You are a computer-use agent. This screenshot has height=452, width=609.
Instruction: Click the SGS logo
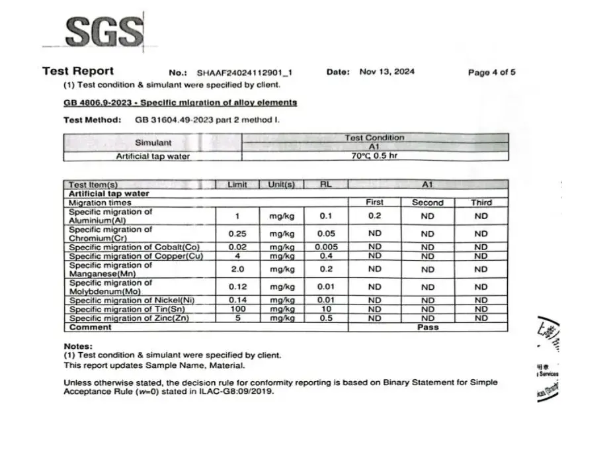pyautogui.click(x=105, y=31)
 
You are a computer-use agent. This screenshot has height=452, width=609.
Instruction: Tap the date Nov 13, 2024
pyautogui.click(x=387, y=71)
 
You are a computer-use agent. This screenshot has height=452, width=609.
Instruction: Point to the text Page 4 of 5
pyautogui.click(x=491, y=72)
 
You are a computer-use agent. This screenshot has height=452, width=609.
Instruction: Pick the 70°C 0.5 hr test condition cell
pyautogui.click(x=374, y=156)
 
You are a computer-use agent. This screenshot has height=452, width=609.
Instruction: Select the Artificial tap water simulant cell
pyautogui.click(x=153, y=156)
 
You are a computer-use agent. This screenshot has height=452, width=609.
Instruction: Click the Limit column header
pyautogui.click(x=237, y=185)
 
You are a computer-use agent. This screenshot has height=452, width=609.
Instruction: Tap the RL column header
pyautogui.click(x=325, y=185)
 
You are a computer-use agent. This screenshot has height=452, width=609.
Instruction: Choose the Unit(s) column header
pyautogui.click(x=281, y=185)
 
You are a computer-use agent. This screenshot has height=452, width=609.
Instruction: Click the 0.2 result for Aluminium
pyautogui.click(x=374, y=216)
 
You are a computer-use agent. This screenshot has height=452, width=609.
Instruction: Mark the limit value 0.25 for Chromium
pyautogui.click(x=237, y=234)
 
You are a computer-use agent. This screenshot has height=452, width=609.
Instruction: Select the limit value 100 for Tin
pyautogui.click(x=237, y=309)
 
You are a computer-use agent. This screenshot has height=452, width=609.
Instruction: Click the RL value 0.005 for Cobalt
pyautogui.click(x=325, y=248)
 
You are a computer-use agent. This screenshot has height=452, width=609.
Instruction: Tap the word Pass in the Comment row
pyautogui.click(x=428, y=327)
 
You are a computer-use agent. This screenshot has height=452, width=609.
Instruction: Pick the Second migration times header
pyautogui.click(x=428, y=203)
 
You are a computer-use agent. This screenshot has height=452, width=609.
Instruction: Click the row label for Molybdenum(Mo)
pyautogui.click(x=110, y=287)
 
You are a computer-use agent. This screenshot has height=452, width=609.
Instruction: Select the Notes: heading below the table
pyautogui.click(x=78, y=346)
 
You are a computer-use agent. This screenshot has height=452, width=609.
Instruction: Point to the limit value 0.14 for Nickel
pyautogui.click(x=237, y=300)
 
